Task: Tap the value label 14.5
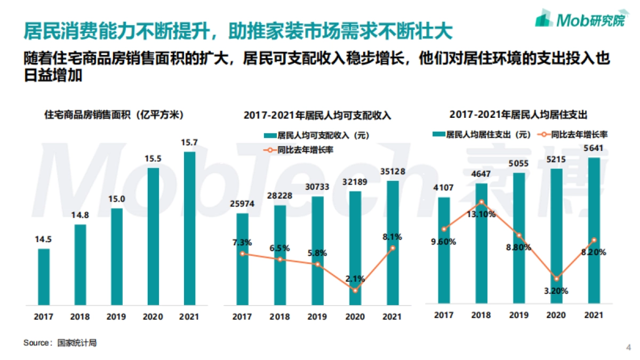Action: pos(44,241)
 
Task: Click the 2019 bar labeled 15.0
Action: pos(117,257)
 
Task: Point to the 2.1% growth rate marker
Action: pos(355,290)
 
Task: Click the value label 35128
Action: pos(392,172)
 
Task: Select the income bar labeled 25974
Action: pos(243,259)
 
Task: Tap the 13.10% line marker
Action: pos(482,202)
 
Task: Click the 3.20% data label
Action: pos(556,291)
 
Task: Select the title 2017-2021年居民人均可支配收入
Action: pos(317,115)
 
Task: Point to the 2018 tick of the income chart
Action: pos(279,317)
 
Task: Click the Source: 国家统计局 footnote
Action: pos(60,343)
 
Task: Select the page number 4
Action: pos(628,348)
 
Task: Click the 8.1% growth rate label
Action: pos(392,237)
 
